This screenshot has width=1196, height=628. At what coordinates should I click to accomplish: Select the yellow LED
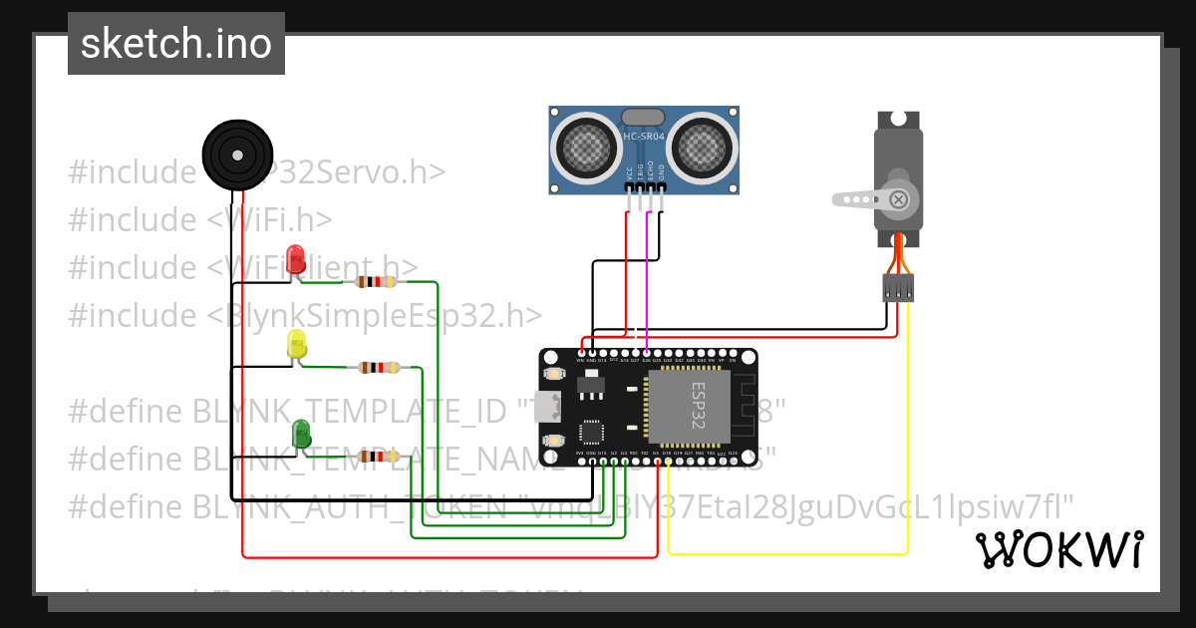click(x=297, y=344)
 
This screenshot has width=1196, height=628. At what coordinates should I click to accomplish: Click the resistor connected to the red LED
click(x=370, y=282)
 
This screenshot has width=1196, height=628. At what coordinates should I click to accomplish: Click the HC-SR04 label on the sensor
click(x=644, y=137)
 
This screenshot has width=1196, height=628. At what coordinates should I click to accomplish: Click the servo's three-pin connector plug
click(x=898, y=288)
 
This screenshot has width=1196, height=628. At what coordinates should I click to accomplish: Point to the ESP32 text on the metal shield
click(x=698, y=403)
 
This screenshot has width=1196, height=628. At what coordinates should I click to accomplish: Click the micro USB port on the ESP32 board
click(x=546, y=407)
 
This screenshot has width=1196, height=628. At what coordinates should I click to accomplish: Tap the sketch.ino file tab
click(x=176, y=44)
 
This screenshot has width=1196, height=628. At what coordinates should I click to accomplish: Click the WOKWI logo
click(x=1058, y=549)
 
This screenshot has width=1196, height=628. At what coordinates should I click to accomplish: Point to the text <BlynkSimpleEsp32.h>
click(x=375, y=315)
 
